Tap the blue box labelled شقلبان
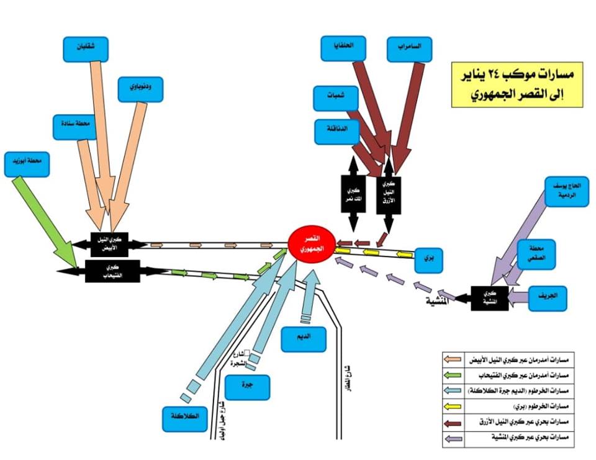86,49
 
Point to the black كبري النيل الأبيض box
111,244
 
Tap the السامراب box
409,49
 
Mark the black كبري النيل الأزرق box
388,194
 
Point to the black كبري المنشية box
489,299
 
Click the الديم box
304,339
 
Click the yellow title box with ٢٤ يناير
517,84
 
